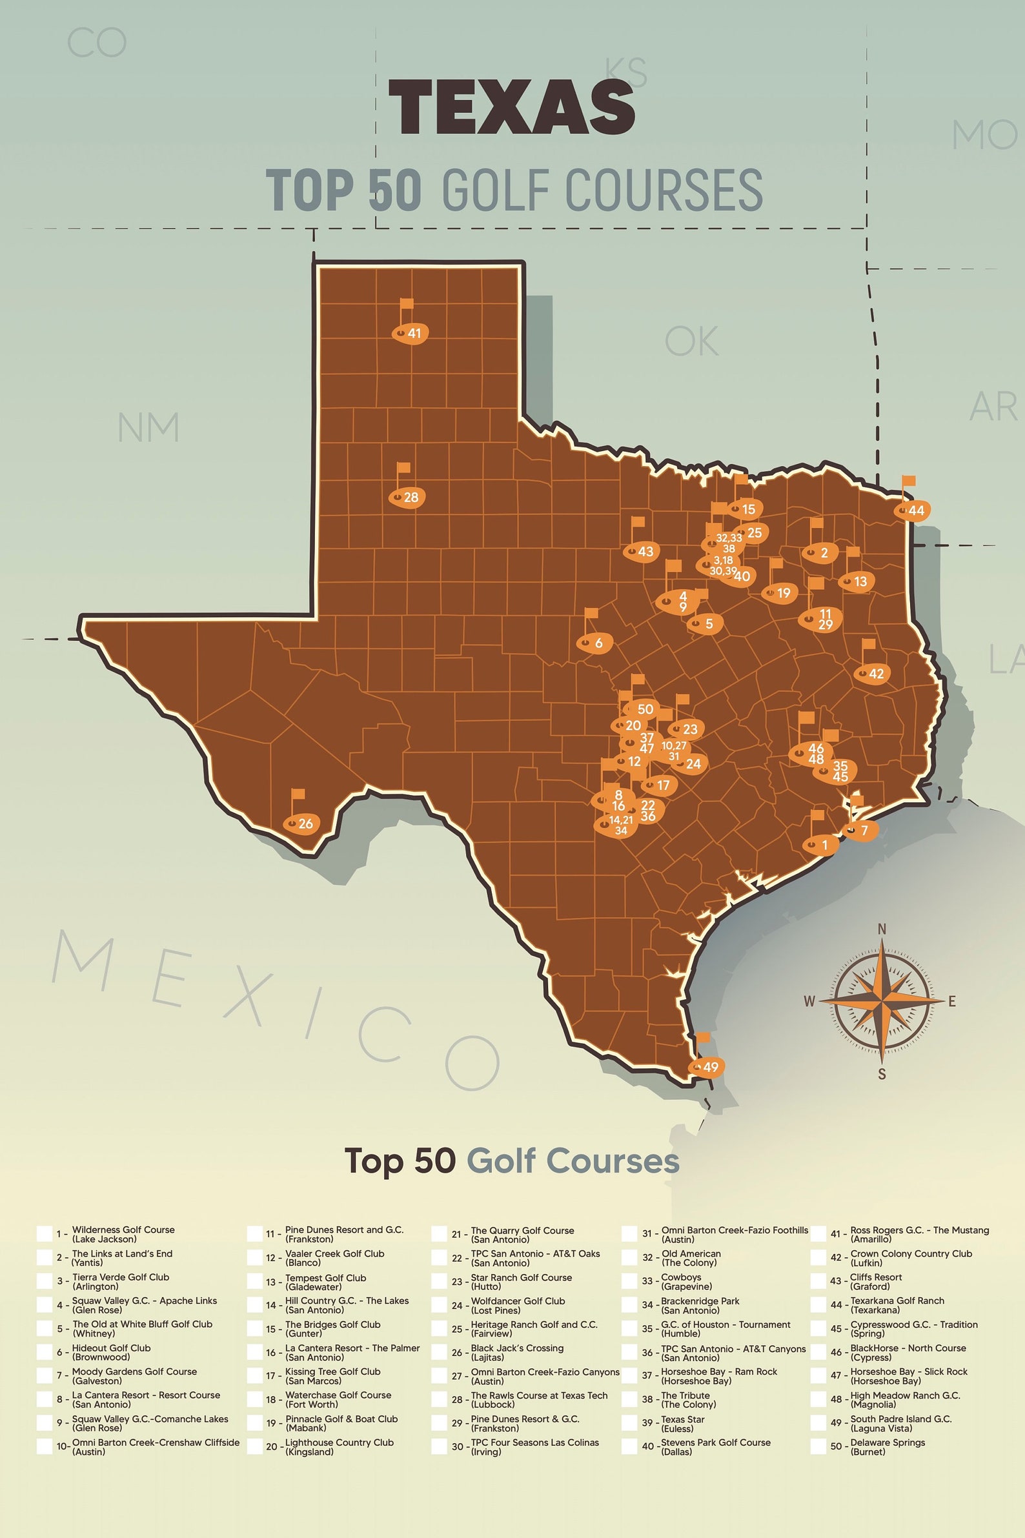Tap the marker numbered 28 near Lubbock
(x=407, y=498)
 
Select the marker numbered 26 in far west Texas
(x=301, y=824)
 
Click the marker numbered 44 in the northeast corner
(x=913, y=511)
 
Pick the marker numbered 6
(x=594, y=643)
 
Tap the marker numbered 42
(x=872, y=674)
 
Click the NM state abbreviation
(x=148, y=427)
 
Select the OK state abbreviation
(x=691, y=341)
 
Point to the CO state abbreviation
(x=97, y=43)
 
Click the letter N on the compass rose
(x=881, y=929)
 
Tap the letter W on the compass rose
(x=809, y=1002)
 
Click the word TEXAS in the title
(x=512, y=107)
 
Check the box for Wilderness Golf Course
(x=45, y=1234)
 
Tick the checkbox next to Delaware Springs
(x=818, y=1446)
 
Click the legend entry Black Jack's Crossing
(x=516, y=1352)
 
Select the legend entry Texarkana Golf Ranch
(x=897, y=1305)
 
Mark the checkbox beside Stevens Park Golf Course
(x=629, y=1446)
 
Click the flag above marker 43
(x=638, y=521)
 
